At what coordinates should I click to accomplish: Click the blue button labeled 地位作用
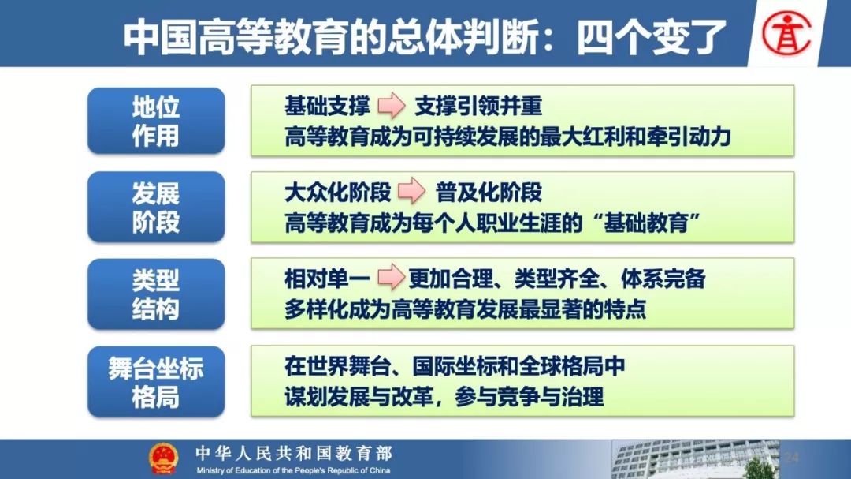156,121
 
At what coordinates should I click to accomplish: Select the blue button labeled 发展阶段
156,208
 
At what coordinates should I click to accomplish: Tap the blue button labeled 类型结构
156,294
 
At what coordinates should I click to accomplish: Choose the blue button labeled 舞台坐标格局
156,382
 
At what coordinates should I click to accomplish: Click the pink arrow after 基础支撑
392,105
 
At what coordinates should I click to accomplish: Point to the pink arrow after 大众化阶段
412,191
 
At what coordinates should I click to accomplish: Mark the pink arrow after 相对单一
392,277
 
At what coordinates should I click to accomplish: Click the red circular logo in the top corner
786,34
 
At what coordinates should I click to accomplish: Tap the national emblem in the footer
163,459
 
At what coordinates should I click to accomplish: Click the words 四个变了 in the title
652,37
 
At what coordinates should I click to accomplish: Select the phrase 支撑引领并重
478,106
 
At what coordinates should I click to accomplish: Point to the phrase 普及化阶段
489,192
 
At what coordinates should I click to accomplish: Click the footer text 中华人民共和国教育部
294,453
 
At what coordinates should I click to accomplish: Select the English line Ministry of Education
293,470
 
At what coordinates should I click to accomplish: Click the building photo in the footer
696,459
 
